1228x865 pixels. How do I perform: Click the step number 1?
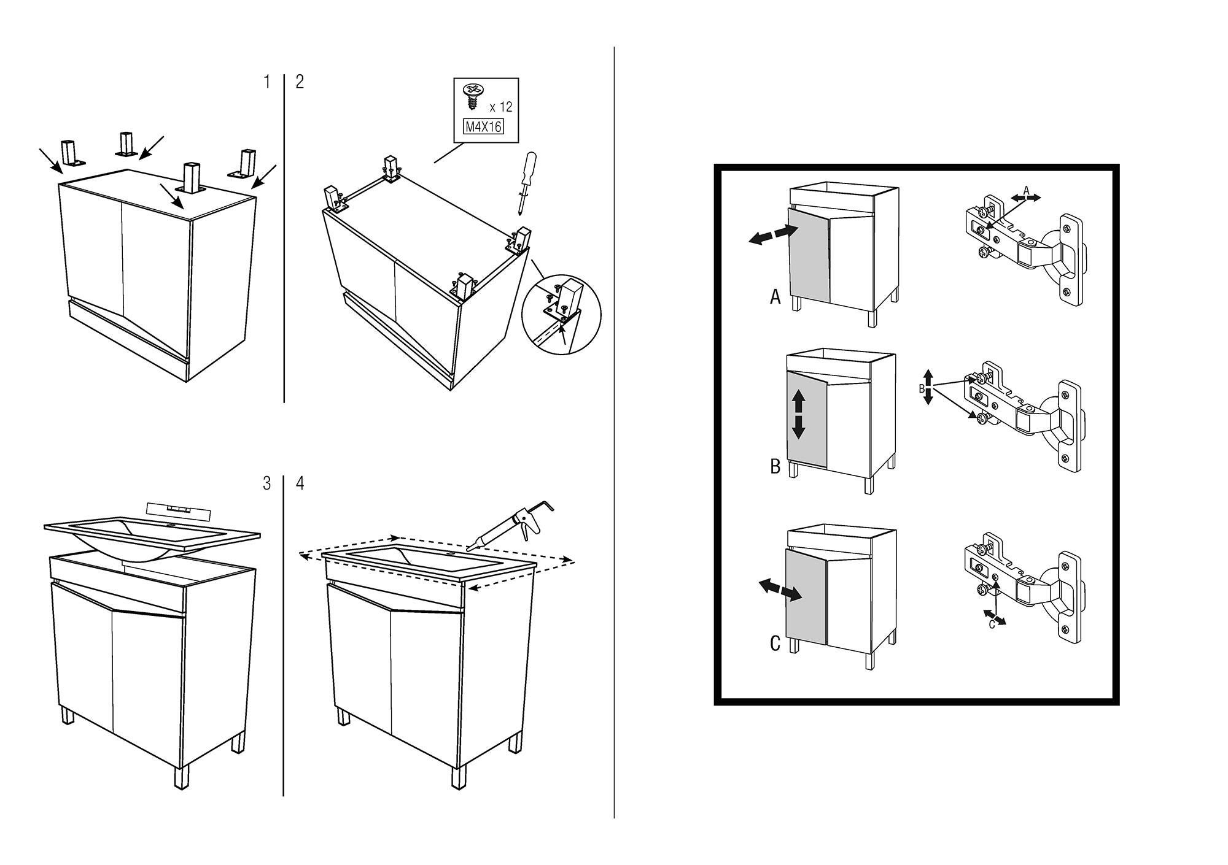[266, 82]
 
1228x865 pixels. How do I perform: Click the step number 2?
[300, 82]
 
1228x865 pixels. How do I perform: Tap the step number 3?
[266, 483]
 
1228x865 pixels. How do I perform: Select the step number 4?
[300, 483]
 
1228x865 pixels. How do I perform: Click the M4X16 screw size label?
[483, 127]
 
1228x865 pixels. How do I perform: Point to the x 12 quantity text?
[501, 107]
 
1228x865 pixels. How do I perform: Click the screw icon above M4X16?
[473, 95]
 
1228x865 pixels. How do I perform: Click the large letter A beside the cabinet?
[775, 298]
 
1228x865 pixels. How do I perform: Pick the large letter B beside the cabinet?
[775, 467]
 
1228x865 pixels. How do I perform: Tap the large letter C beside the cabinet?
[775, 644]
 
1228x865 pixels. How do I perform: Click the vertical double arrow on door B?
[798, 415]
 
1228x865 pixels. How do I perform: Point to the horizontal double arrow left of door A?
[772, 235]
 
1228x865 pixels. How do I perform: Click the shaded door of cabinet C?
[806, 596]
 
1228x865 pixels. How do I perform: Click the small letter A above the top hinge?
[1026, 190]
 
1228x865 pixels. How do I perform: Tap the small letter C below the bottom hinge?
[992, 625]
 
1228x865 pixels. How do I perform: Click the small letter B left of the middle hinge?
[922, 388]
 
